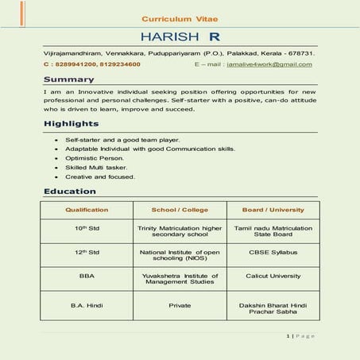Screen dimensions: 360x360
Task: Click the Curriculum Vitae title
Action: click(180, 17)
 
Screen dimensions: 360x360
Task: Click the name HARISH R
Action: click(180, 37)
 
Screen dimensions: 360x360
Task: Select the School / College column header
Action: click(180, 210)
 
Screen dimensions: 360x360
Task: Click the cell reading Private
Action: click(180, 304)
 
